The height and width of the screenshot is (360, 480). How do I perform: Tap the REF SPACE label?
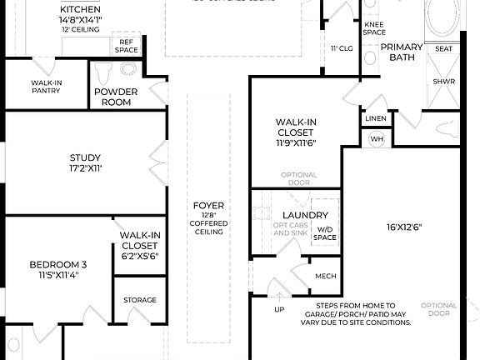coord(127,45)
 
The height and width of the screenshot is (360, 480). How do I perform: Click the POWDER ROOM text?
coord(116,97)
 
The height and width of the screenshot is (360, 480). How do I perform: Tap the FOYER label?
coord(207,205)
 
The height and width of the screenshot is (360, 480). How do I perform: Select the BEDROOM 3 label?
coord(57,265)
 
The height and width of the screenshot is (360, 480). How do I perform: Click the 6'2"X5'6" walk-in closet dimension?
coord(139,256)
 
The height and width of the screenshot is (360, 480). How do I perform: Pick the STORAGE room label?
coord(139,300)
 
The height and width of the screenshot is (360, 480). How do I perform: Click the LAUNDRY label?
coord(291,215)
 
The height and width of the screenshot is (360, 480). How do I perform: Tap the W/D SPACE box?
coord(325,232)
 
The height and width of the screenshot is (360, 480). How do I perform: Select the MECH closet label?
coord(324,276)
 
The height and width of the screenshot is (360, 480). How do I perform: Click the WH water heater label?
coord(376,139)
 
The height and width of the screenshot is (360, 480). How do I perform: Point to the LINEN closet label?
coord(376,119)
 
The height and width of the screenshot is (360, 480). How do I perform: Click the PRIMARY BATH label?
coord(402,52)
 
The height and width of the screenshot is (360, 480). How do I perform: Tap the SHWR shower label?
coord(443,82)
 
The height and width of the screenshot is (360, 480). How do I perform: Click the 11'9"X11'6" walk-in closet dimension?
coord(295,142)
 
